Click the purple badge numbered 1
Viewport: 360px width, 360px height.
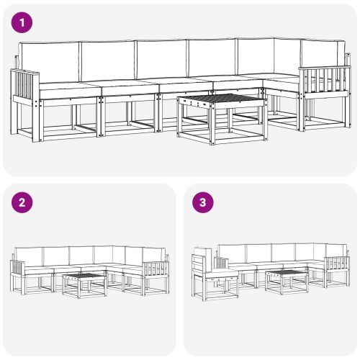24,23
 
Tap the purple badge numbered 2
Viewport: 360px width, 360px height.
24,202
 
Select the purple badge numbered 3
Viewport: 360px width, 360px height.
204,202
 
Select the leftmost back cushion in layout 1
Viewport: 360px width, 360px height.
49,61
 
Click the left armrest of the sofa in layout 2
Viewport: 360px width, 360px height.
19,271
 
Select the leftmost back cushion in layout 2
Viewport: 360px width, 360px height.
29,255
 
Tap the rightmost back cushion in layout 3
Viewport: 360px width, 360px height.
336,251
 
